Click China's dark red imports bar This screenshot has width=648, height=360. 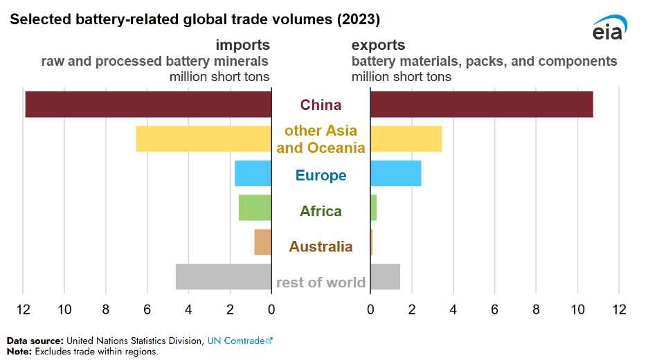148,104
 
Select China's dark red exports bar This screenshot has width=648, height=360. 481,104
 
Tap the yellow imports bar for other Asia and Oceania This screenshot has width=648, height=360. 204,138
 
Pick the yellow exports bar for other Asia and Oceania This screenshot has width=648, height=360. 406,138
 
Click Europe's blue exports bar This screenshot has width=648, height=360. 395,174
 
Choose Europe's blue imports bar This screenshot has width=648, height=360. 253,174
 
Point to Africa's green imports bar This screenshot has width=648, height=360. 255,208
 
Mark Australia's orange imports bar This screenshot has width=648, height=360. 262,242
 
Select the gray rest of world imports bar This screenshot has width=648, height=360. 223,277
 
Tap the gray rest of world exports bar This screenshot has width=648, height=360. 385,277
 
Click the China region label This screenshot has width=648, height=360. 321,105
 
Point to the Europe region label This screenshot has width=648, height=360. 321,175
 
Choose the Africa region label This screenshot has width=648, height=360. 321,211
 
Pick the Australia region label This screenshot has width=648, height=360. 321,246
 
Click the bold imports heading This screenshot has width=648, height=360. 242,45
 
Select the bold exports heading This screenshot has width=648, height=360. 378,45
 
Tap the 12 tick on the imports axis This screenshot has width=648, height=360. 24,309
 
